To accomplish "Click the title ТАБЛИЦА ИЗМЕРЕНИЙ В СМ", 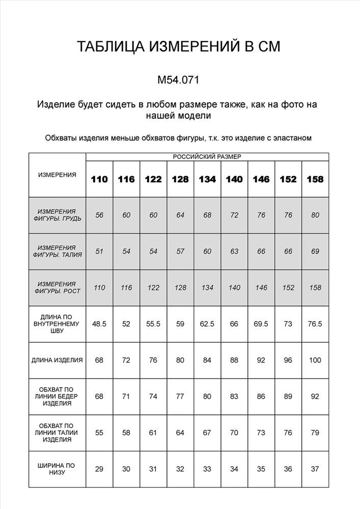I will click(x=179, y=47).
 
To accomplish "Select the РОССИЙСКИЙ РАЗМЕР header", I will click(x=207, y=157).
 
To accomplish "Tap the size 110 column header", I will click(x=99, y=179).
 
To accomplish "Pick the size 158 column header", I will click(x=315, y=179).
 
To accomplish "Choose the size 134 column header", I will click(x=207, y=179).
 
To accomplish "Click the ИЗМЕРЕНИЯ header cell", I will click(x=57, y=175).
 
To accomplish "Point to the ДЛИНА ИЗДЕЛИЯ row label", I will click(x=57, y=360).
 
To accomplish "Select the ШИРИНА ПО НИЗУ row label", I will click(x=57, y=468).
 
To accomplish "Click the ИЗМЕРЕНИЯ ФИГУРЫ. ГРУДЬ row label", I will click(x=57, y=215).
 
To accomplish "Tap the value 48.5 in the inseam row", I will click(x=99, y=324).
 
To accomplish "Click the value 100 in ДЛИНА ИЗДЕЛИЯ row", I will click(x=315, y=360).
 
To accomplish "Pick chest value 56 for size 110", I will click(x=99, y=215).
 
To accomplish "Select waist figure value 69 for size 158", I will click(x=315, y=251).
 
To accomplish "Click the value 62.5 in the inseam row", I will click(x=207, y=324).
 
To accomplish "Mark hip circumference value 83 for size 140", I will click(x=234, y=396).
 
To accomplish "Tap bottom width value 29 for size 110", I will click(x=99, y=468).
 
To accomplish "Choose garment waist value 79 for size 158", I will click(x=315, y=433).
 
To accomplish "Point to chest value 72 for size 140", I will click(x=234, y=215).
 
